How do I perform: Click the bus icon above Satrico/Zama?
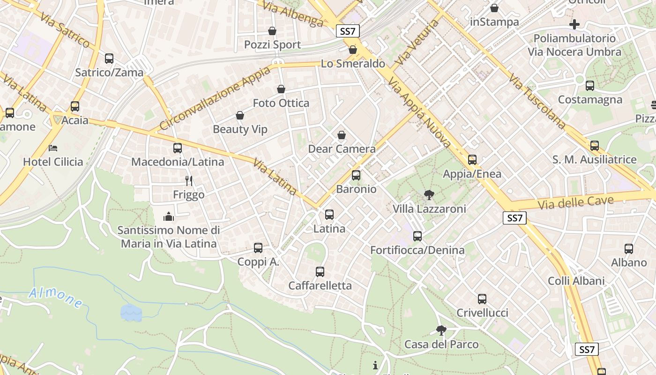[109, 59]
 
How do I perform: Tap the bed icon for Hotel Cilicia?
[53, 148]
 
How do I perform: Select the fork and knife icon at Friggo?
[189, 180]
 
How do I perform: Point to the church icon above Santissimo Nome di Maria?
[169, 217]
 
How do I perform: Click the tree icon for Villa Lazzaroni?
[429, 195]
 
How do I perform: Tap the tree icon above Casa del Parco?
[441, 330]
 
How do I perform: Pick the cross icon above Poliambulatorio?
[574, 24]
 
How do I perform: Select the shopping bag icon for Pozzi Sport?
[272, 31]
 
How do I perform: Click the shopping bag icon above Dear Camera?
[342, 135]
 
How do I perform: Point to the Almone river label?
[55, 298]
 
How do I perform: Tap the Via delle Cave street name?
[575, 203]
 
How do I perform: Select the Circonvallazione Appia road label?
[215, 98]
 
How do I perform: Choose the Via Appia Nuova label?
[419, 112]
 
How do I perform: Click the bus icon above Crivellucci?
[482, 299]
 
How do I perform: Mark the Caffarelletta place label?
[320, 285]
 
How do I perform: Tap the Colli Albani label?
[576, 281]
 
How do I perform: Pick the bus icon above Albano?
[629, 249]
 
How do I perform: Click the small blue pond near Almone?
[131, 313]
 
